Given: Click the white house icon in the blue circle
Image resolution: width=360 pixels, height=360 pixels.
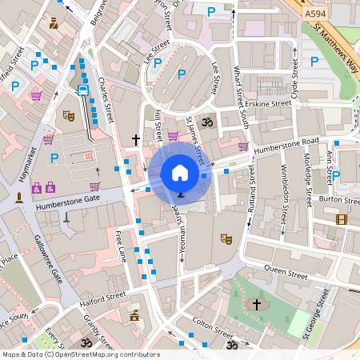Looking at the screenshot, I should coord(180,172).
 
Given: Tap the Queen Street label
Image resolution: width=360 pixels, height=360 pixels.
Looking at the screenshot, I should coord(286,273).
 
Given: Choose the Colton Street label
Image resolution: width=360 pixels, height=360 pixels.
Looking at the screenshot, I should coord(212,329).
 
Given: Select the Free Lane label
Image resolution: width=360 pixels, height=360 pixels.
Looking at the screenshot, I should coord(122,246).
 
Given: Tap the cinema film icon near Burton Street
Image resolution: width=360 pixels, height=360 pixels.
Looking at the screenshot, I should coord(342,219).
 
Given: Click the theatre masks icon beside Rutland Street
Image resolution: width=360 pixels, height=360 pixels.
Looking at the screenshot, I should coord(226,238).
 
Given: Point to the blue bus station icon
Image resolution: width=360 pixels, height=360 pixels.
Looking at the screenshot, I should coord(82,90).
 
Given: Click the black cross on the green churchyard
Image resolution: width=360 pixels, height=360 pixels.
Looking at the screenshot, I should coord(257,305).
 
